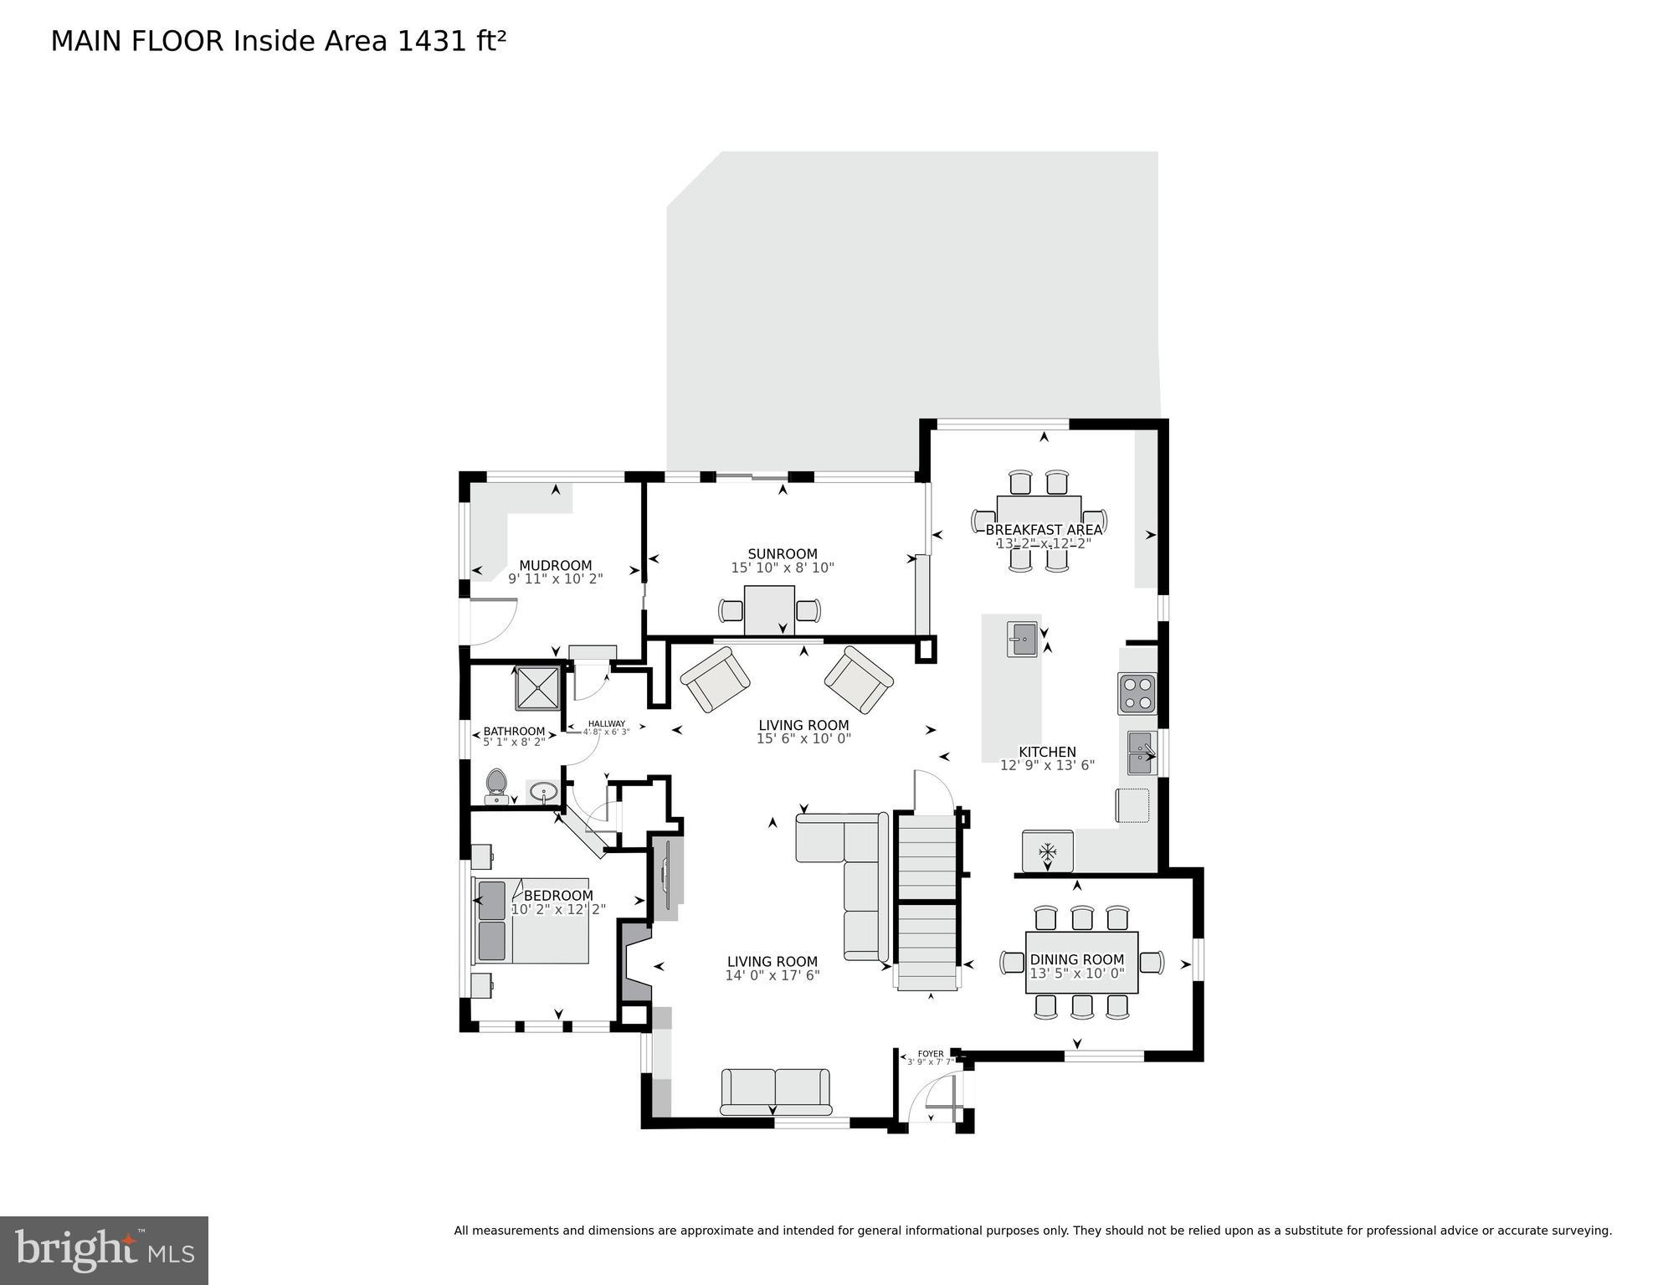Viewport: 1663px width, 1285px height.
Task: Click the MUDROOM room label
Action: click(555, 565)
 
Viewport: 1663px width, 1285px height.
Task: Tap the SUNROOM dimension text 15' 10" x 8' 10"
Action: click(783, 568)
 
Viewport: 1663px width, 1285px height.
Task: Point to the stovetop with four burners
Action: click(1137, 693)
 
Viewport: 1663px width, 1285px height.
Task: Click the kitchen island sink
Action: click(1022, 640)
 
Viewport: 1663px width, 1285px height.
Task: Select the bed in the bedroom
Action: click(531, 921)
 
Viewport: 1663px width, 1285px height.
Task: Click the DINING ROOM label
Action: click(1076, 959)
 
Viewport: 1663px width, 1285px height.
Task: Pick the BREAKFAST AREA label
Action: click(1044, 530)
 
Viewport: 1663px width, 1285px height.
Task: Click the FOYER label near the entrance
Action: click(931, 1054)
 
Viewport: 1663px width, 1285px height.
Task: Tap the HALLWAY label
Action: click(606, 724)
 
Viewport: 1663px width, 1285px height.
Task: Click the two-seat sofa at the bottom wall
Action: click(775, 1092)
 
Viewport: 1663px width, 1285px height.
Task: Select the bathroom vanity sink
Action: click(544, 791)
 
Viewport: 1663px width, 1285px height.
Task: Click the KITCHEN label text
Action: click(1047, 752)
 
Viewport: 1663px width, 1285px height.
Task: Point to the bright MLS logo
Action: click(104, 1251)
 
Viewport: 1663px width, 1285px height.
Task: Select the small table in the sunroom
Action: click(769, 610)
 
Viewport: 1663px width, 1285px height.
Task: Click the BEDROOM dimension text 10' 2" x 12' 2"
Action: click(558, 909)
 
